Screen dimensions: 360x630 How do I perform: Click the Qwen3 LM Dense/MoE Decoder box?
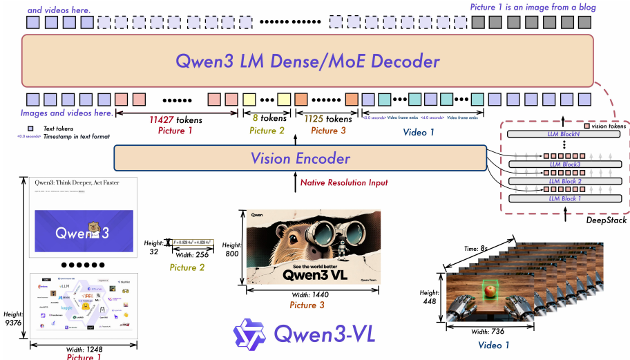307,61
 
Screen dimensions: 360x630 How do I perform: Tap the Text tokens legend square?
30,128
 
